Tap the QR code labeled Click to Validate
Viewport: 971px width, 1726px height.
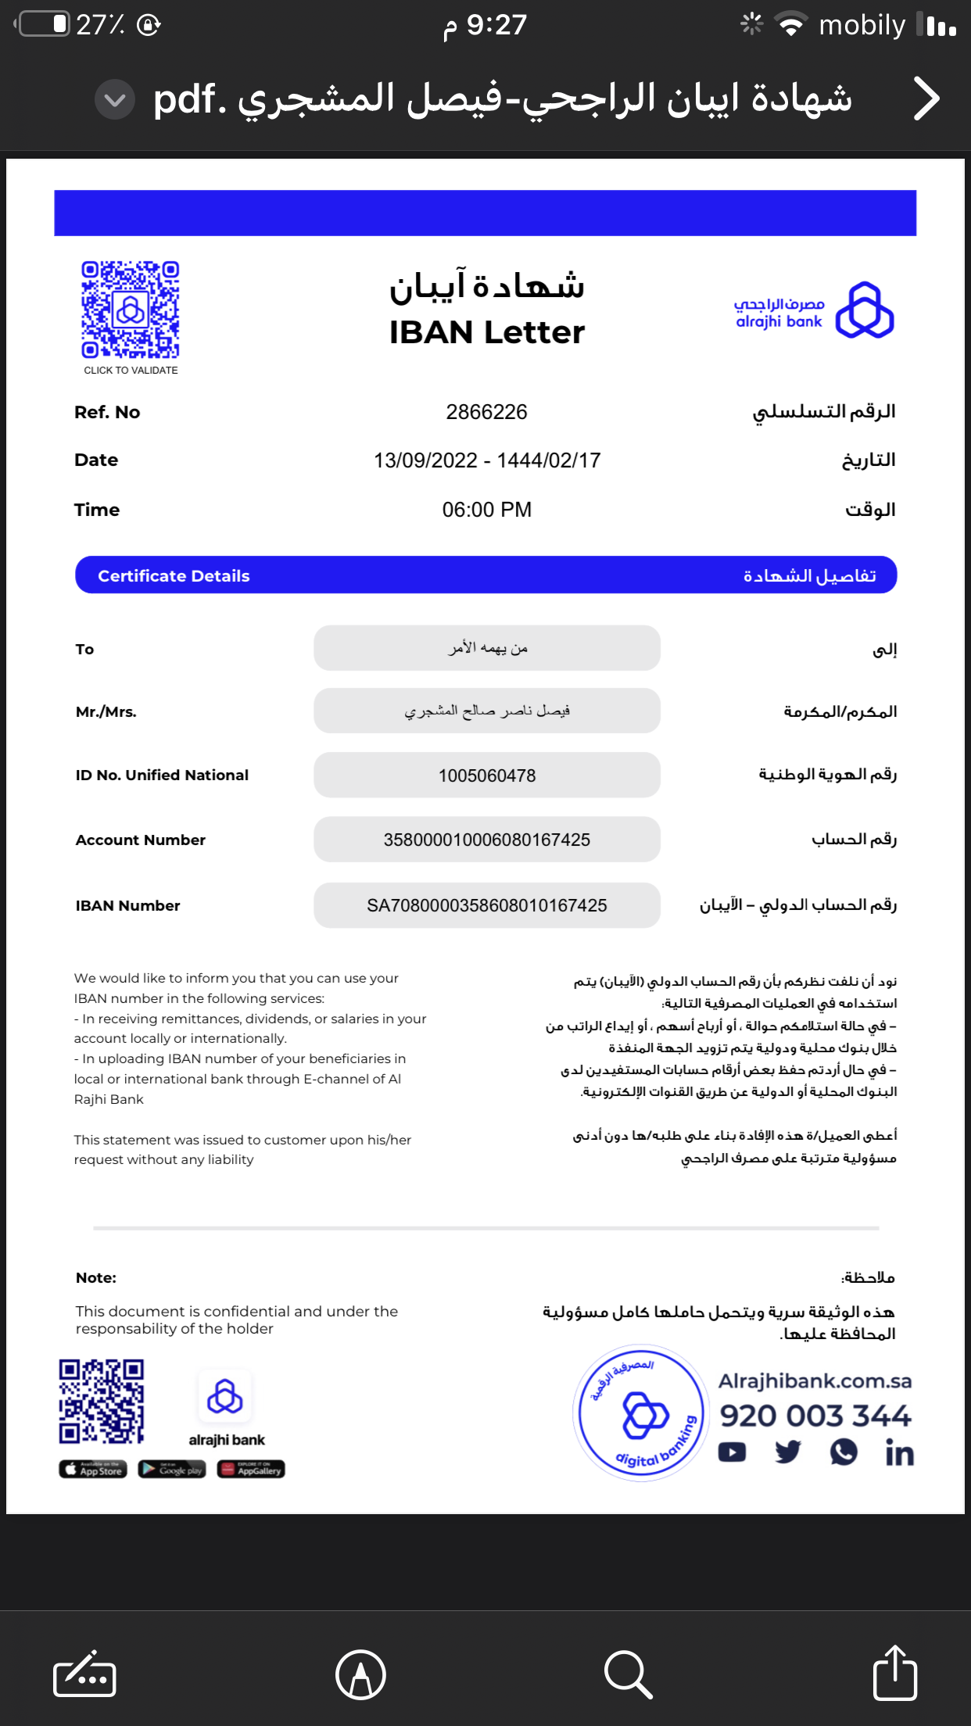(131, 310)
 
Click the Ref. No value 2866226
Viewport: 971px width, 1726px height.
(486, 412)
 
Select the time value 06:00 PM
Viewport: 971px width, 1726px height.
(486, 510)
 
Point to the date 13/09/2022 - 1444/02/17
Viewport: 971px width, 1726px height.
(486, 460)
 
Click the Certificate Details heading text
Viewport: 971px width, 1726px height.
(174, 576)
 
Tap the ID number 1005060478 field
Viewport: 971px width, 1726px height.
(486, 775)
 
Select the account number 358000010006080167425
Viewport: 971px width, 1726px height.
(486, 840)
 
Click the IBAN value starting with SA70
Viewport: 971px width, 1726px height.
(486, 905)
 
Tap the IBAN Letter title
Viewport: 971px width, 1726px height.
(486, 332)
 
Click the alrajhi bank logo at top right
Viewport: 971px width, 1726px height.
(864, 310)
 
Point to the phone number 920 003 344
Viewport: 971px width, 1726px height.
(815, 1416)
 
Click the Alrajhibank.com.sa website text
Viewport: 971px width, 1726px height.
(815, 1381)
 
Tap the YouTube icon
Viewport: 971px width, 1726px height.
(732, 1452)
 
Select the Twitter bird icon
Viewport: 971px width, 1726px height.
(788, 1452)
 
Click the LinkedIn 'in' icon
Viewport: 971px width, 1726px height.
(899, 1453)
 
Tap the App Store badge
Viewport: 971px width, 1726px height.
(93, 1470)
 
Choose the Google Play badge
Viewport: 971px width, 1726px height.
(172, 1470)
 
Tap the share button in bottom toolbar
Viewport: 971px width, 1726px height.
(894, 1674)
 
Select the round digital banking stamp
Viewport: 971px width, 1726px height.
(641, 1413)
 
